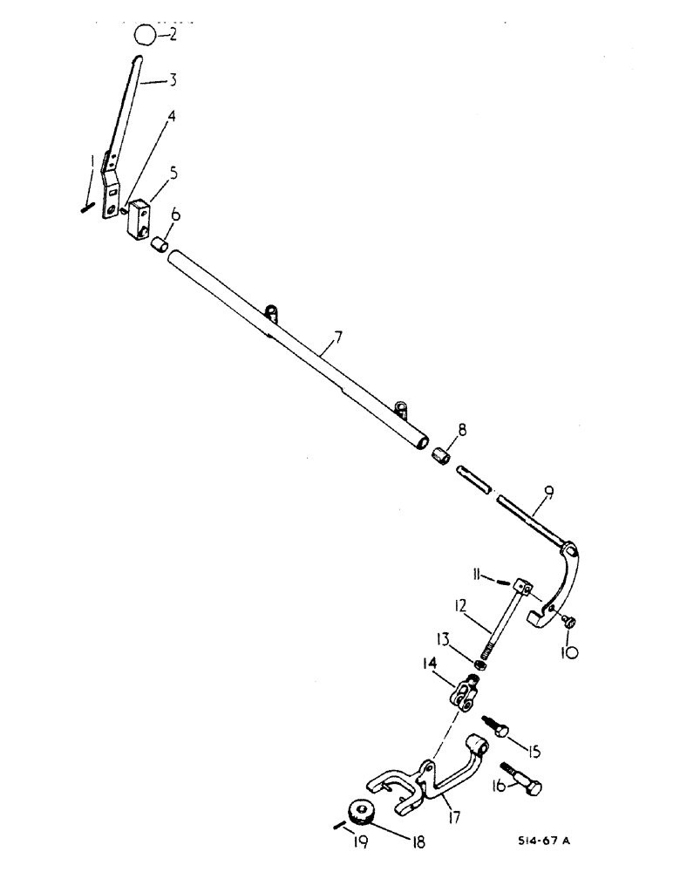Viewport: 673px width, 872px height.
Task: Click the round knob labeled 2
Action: pyautogui.click(x=146, y=35)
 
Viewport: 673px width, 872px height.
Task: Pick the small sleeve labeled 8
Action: pyautogui.click(x=442, y=456)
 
